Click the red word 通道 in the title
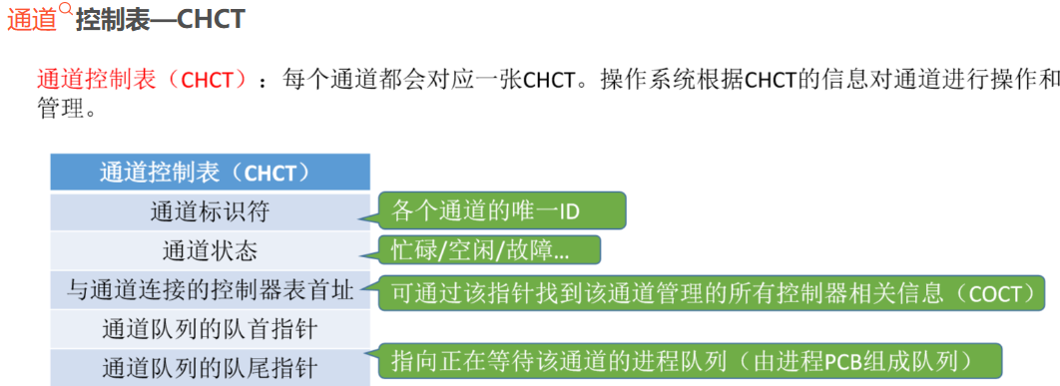coord(32,20)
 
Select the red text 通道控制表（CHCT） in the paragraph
coord(140,79)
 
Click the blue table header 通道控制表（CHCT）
coord(211,172)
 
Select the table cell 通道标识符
coord(211,211)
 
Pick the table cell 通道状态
coord(211,250)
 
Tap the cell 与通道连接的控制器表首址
coord(211,290)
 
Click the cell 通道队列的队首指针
coord(211,328)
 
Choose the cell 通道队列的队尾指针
coord(211,367)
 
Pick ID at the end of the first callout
coord(568,210)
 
